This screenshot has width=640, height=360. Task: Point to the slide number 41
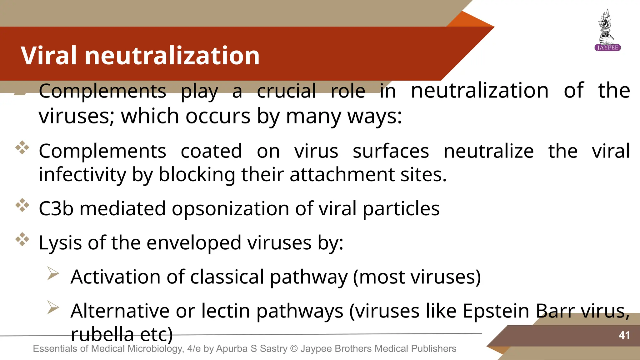point(624,335)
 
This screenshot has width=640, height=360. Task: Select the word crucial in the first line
point(286,91)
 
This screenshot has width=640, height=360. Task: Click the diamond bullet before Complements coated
point(22,147)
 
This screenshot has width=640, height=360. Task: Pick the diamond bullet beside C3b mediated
point(22,205)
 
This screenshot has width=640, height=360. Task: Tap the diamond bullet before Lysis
point(22,239)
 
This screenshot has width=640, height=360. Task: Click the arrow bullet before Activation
point(53,273)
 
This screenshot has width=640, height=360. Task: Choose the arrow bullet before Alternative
point(53,307)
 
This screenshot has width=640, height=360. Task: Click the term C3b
point(56,208)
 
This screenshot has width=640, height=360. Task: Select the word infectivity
point(82,174)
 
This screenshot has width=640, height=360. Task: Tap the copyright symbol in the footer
point(294,348)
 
